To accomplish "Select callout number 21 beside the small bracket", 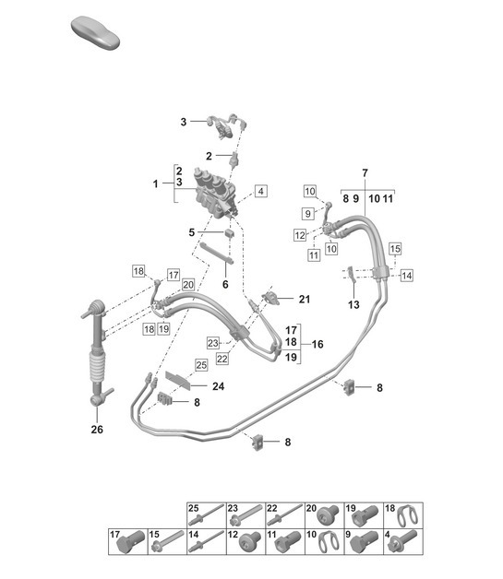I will pos(305,300).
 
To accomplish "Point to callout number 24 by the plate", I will pos(218,387).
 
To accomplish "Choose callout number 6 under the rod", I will pos(224,285).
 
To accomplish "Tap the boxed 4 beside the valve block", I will pos(261,191).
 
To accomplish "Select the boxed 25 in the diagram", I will pos(200,367).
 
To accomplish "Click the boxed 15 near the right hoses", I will pos(394,249).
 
